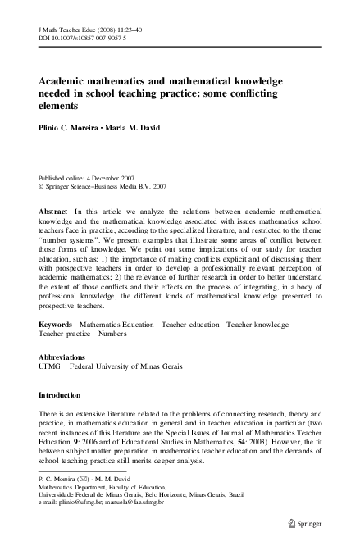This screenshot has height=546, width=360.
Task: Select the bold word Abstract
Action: pyautogui.click(x=53, y=211)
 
